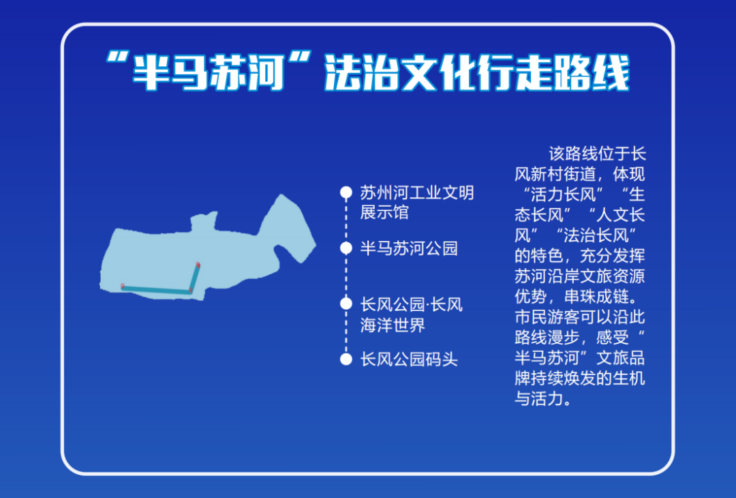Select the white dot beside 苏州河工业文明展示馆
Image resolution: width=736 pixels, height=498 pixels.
pyautogui.click(x=346, y=192)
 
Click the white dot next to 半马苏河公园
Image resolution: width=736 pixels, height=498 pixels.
pyautogui.click(x=346, y=248)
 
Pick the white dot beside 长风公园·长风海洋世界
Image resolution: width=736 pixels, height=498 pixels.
pyautogui.click(x=346, y=304)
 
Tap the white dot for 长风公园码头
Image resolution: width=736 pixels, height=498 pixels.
pyautogui.click(x=346, y=359)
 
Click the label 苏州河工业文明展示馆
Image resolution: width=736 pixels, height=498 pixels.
pyautogui.click(x=416, y=203)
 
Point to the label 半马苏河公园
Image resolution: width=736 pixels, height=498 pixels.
pyautogui.click(x=409, y=248)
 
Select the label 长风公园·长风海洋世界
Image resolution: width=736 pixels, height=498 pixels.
pyautogui.click(x=411, y=314)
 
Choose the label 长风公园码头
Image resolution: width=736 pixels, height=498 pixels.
pyautogui.click(x=409, y=359)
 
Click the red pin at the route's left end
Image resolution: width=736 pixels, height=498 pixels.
pyautogui.click(x=123, y=287)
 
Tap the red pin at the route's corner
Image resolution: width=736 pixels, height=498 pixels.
pyautogui.click(x=191, y=291)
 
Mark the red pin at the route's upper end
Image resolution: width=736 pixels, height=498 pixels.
pyautogui.click(x=198, y=265)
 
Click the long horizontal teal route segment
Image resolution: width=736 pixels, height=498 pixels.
pyautogui.click(x=157, y=290)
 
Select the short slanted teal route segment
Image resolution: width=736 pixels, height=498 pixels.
pyautogui.click(x=195, y=278)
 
